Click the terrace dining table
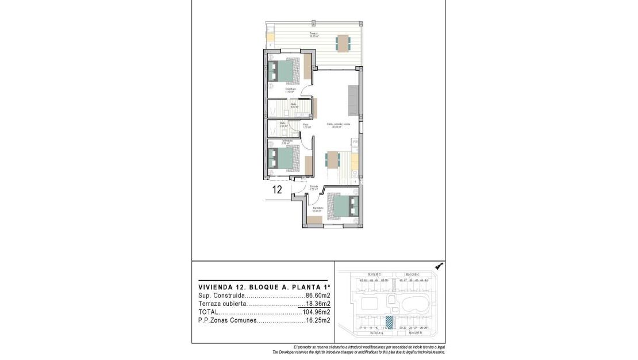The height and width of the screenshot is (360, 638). pos(343,43)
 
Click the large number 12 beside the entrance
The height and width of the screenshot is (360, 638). pos(276,190)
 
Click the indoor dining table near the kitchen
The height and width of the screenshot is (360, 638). pos(333,159)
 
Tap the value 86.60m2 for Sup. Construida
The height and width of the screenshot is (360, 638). pos(318,295)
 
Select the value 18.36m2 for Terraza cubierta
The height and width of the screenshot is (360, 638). pos(318,304)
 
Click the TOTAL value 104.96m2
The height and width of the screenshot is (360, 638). pos(316,312)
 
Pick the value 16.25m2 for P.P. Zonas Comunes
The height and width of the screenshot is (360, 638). pos(318,321)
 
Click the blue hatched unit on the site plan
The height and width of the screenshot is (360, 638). pos(389,323)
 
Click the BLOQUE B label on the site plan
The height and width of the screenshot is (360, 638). pos(416,333)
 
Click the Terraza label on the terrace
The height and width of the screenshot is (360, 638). pos(314,34)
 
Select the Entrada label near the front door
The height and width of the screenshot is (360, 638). pos(314,186)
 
